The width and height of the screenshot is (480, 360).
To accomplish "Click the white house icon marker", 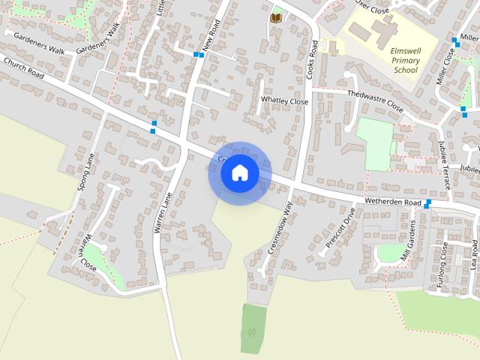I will [240, 172].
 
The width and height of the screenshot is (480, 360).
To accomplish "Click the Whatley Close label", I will [284, 100].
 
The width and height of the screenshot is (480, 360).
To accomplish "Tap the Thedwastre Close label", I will [375, 101].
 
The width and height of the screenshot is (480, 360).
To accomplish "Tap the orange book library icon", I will [276, 17].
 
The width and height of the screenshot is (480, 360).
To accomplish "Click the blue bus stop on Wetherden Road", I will [427, 203].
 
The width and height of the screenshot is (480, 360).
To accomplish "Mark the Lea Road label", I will [475, 254].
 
